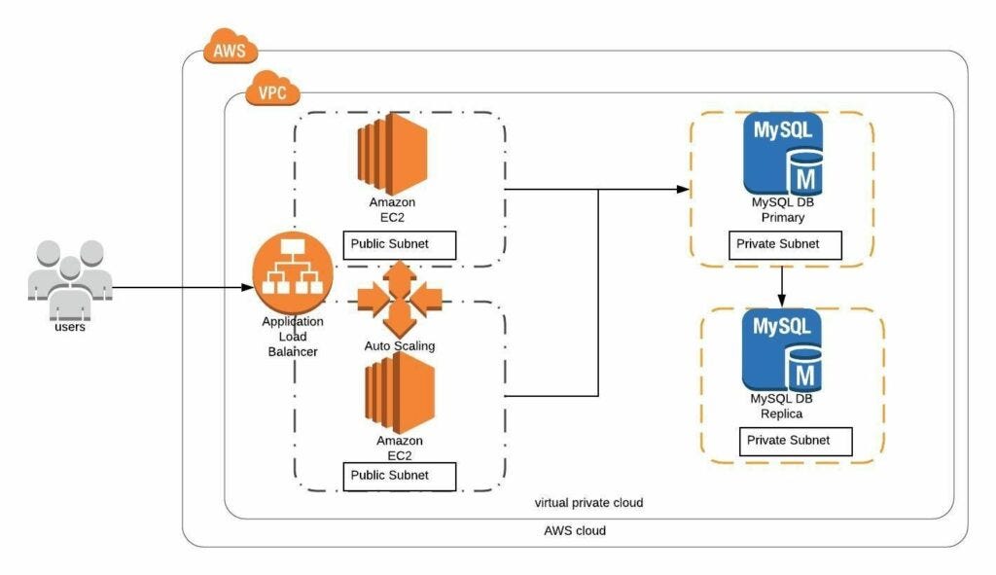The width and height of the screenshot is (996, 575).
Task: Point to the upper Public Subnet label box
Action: [x=399, y=245]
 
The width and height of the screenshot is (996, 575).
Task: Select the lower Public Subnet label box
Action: [x=401, y=477]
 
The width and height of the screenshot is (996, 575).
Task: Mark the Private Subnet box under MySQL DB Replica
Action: [x=795, y=441]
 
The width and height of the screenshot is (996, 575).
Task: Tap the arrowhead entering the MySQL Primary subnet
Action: [x=681, y=189]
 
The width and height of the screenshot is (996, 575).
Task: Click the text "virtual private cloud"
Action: [x=588, y=503]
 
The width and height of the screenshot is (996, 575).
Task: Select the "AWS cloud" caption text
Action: [x=574, y=531]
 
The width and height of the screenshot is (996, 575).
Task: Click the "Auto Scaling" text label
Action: [x=399, y=345]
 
